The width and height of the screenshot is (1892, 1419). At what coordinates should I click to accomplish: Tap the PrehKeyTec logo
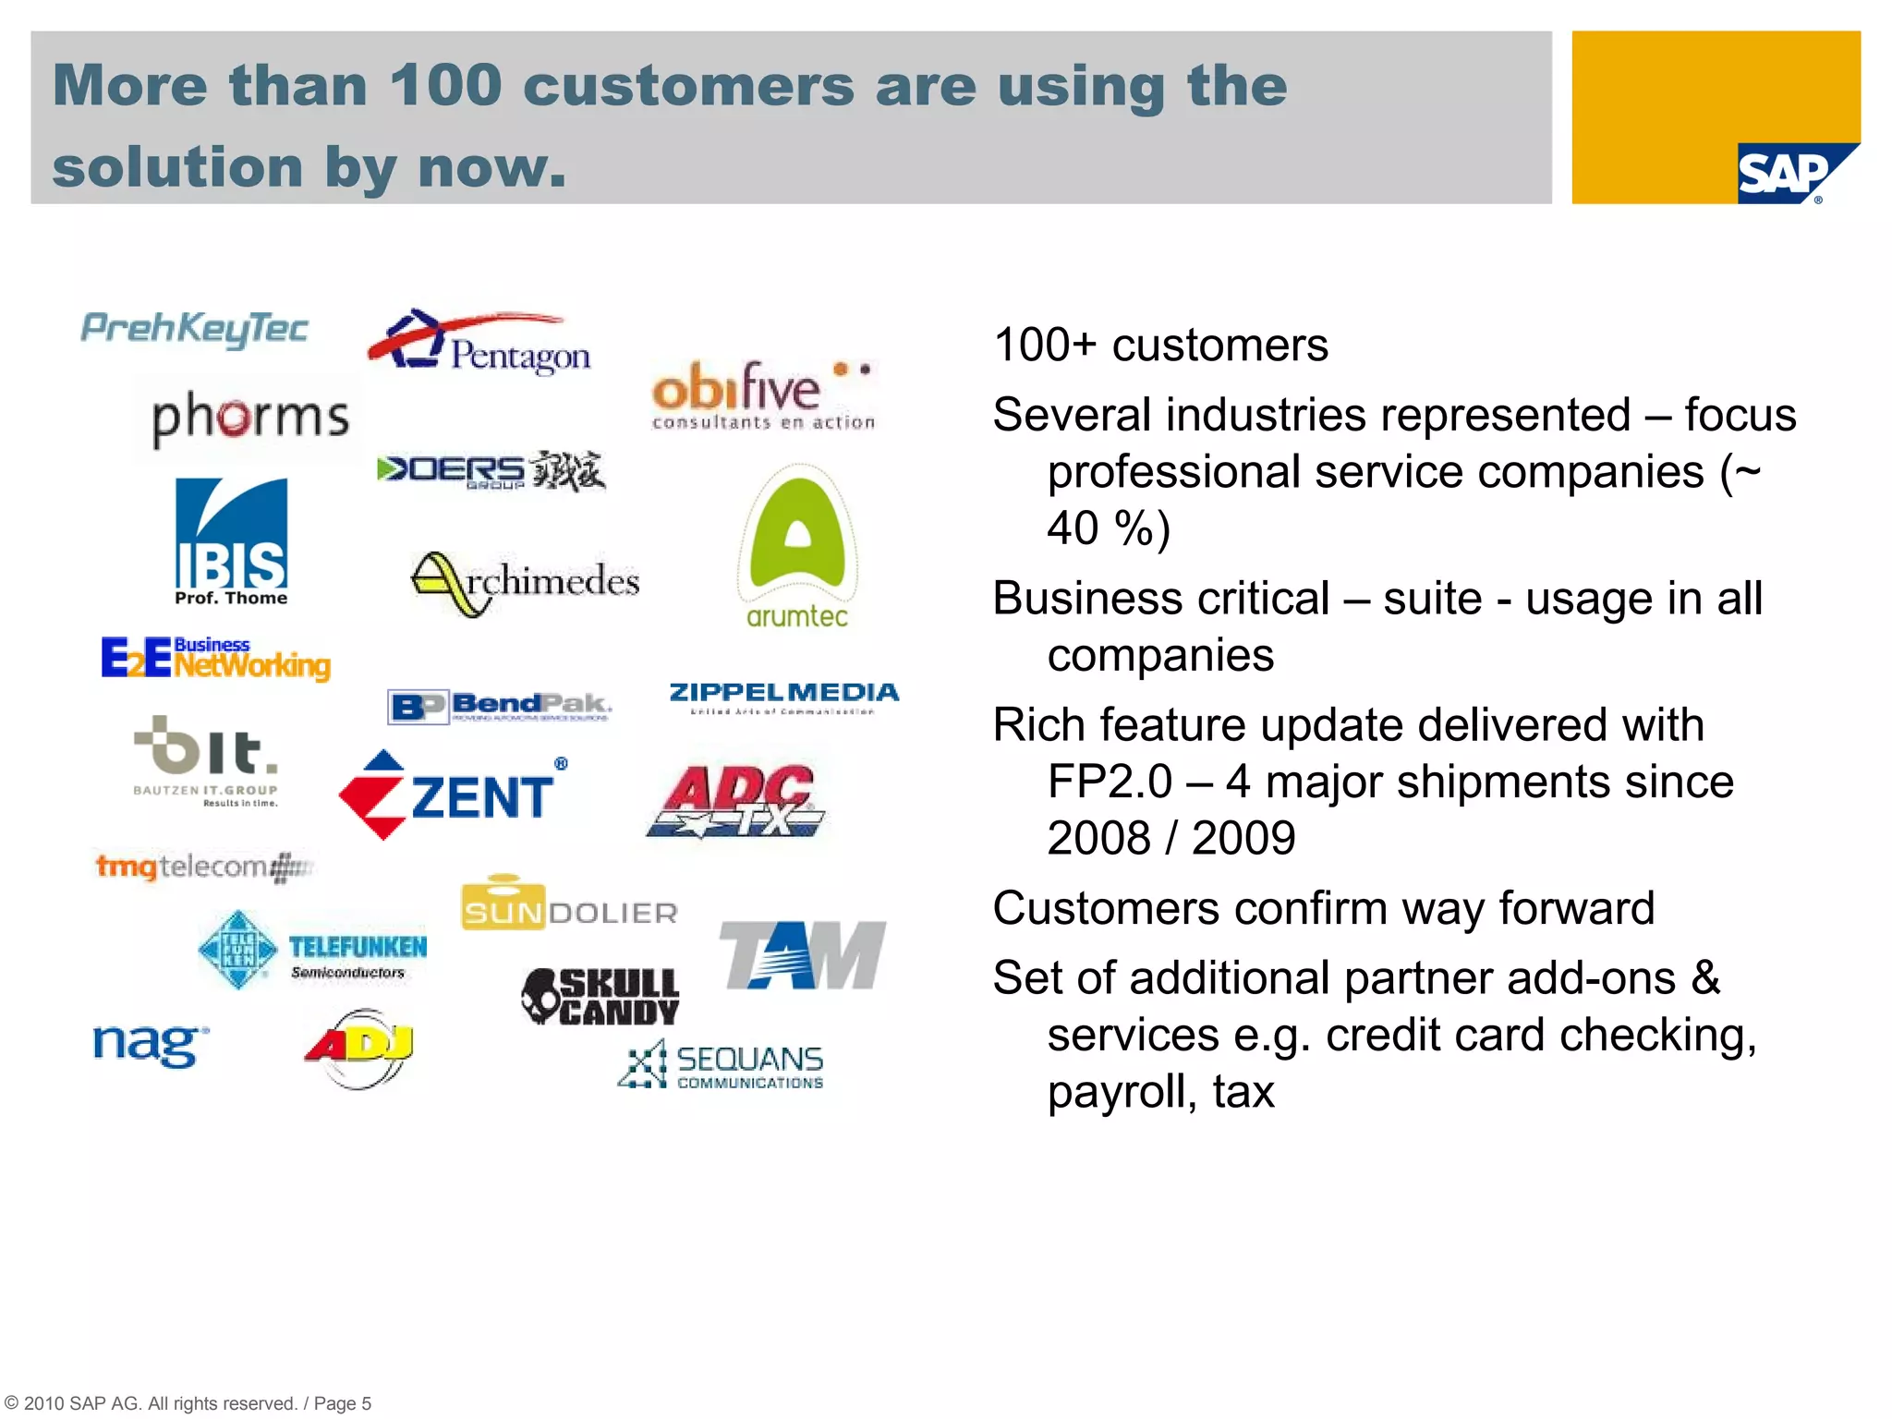click(195, 329)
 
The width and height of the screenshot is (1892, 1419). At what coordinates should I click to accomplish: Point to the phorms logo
click(250, 418)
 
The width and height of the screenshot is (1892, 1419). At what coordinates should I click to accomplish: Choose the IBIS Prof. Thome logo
click(231, 541)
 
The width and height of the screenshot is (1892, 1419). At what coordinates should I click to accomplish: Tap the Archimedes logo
click(525, 582)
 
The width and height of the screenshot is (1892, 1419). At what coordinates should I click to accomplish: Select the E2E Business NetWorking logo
click(215, 659)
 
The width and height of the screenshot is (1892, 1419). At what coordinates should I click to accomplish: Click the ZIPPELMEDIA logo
click(783, 695)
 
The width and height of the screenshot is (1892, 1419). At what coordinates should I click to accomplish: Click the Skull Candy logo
click(600, 997)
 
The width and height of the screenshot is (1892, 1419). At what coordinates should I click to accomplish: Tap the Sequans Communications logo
click(722, 1065)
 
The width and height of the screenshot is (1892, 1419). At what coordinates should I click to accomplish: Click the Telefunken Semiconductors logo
click(312, 950)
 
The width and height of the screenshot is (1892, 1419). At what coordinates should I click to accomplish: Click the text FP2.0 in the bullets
click(1109, 782)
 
